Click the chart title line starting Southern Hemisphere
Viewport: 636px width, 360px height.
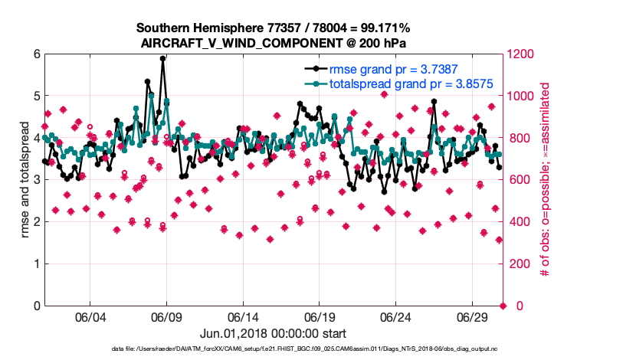(x=273, y=28)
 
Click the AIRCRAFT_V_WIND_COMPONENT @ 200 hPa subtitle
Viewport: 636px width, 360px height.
(x=273, y=42)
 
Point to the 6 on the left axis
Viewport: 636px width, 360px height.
(x=36, y=54)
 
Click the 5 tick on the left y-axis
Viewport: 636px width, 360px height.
(x=36, y=97)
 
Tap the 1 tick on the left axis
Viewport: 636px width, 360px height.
(x=36, y=264)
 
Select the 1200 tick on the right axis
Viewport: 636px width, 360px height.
(x=521, y=54)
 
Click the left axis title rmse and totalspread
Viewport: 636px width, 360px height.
(x=25, y=179)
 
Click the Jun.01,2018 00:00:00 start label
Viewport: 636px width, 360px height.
(x=273, y=333)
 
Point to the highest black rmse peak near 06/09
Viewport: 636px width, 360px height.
(x=162, y=58)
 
